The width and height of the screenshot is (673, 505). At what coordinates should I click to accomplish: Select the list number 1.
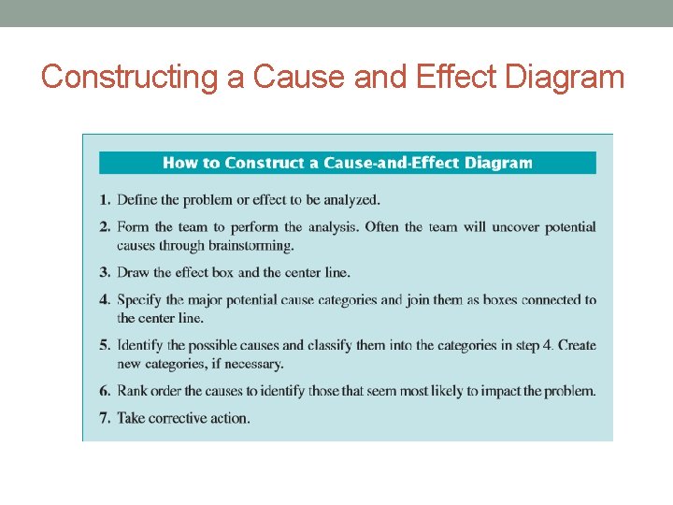[105, 199]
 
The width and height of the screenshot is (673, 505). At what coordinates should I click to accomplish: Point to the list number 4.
[105, 300]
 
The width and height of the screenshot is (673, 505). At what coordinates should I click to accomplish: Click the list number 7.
[105, 418]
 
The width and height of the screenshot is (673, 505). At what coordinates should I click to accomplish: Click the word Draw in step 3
[132, 272]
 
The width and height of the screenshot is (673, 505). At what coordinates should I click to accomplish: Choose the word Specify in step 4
[139, 300]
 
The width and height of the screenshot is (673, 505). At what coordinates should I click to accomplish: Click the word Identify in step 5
[141, 345]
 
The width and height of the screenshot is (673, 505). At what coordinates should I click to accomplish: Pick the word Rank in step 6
[133, 391]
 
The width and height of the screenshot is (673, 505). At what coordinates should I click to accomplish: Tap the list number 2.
[105, 227]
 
